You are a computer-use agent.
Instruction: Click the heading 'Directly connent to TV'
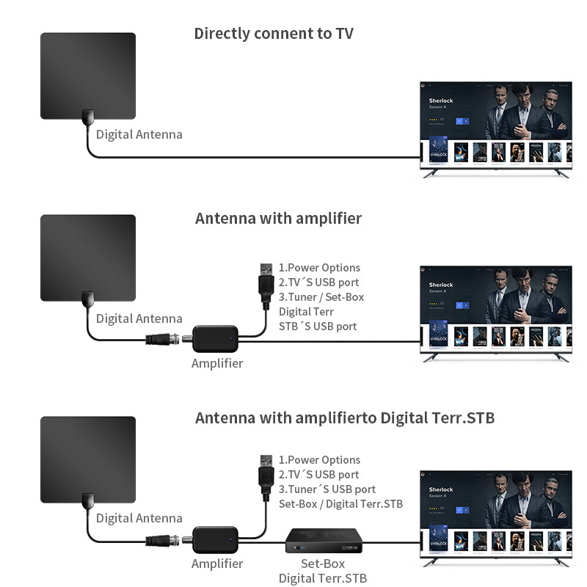pos(274,33)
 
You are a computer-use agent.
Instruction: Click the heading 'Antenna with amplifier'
pos(278,219)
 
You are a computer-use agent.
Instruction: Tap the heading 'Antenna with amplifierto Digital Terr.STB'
pos(345,418)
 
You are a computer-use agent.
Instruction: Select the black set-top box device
pos(324,542)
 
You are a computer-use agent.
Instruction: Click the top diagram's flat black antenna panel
pos(88,76)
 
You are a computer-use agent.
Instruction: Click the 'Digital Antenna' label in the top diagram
pos(139,134)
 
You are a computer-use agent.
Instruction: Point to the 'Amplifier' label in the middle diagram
pos(217,362)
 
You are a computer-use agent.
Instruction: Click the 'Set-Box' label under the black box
pos(323,564)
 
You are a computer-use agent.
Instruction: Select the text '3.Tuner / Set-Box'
pos(321,297)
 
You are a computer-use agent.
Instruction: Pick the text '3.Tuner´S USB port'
pos(327,489)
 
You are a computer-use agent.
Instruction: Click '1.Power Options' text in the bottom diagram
pos(319,460)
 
